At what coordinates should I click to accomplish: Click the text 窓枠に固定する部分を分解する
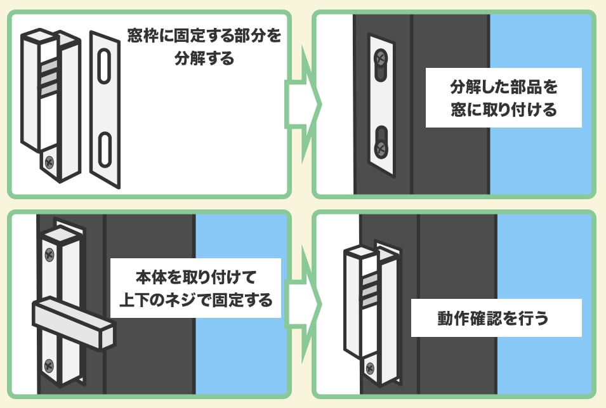pyautogui.click(x=203, y=46)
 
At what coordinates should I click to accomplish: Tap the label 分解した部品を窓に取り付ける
pyautogui.click(x=503, y=98)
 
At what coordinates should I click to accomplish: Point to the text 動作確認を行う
pyautogui.click(x=496, y=318)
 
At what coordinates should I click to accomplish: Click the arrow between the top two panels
pyautogui.click(x=303, y=102)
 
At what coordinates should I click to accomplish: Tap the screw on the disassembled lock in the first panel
pyautogui.click(x=49, y=162)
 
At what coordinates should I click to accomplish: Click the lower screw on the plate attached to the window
pyautogui.click(x=380, y=149)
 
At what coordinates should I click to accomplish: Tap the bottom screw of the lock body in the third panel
pyautogui.click(x=49, y=364)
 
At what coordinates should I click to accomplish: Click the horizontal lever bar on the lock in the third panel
pyautogui.click(x=74, y=322)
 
